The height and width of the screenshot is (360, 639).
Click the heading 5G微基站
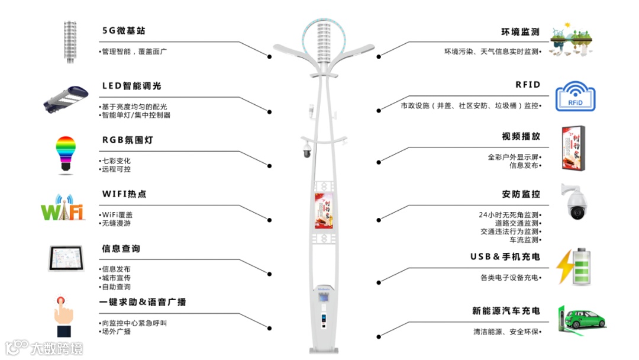tap(124, 31)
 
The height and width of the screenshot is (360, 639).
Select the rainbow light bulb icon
tap(66, 155)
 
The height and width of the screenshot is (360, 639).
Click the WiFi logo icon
tap(63, 208)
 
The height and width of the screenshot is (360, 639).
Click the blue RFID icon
tap(575, 97)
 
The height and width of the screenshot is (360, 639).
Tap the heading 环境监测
tap(520, 32)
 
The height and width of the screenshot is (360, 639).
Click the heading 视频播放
tap(521, 136)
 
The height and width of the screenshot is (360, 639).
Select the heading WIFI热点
tap(124, 194)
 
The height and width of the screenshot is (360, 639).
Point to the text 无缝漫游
tap(116, 223)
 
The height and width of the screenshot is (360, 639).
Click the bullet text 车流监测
tap(524, 240)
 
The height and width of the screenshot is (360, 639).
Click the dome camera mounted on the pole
tap(306, 150)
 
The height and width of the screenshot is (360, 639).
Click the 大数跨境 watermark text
tap(57, 348)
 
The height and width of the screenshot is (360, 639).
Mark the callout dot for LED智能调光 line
tap(270, 111)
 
